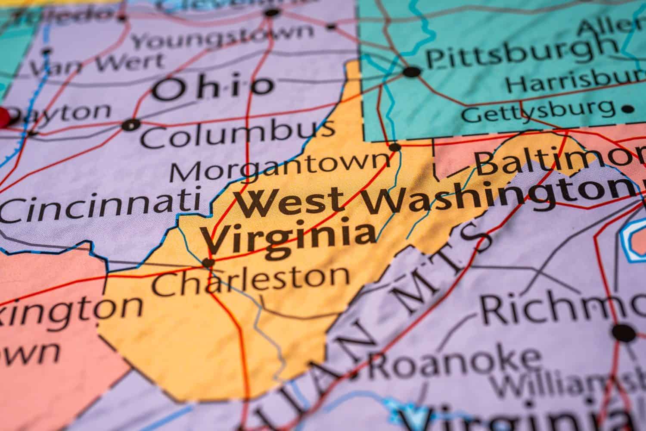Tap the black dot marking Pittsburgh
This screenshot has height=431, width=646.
pos(412,72)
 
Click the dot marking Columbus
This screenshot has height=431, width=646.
pos(131,125)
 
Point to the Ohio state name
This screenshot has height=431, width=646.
pos(213,88)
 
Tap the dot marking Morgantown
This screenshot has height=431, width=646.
pos(395,147)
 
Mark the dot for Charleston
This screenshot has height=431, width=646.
pos(208,262)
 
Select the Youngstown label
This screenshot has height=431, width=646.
pos(222,37)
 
